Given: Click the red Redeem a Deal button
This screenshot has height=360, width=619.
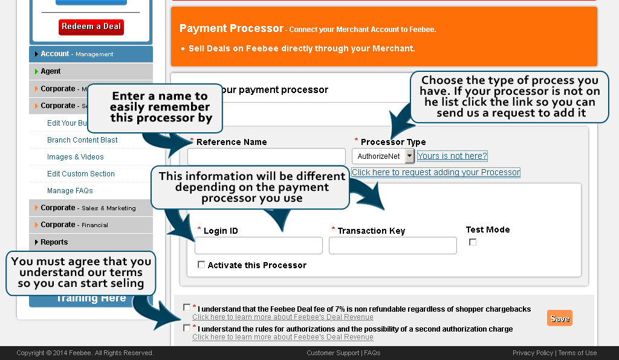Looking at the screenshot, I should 91,27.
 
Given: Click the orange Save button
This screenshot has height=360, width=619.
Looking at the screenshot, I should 559,318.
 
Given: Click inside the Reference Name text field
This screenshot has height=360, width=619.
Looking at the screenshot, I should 266,156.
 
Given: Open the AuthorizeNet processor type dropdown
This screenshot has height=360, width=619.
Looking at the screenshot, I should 409,156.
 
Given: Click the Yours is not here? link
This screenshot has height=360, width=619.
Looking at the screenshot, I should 452,156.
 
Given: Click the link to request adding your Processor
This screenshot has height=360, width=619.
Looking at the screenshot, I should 435,172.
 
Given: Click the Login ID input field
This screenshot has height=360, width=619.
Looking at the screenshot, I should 258,245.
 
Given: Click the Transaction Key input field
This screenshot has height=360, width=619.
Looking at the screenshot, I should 392,245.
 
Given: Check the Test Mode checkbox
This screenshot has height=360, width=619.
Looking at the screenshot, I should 473,242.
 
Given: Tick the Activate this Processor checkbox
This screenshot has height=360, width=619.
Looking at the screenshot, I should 201,265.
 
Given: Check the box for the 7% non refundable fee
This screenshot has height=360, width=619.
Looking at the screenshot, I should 187,307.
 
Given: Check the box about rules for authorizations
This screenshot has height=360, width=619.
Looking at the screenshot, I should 187,328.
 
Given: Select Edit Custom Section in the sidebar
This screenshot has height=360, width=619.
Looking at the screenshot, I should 81,174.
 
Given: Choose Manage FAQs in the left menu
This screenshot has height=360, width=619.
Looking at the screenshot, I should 70,191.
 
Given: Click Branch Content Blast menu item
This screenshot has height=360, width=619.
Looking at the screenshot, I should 82,140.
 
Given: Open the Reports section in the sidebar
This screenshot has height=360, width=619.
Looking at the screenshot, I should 54,242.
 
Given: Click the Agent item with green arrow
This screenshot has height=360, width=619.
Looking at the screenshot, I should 51,71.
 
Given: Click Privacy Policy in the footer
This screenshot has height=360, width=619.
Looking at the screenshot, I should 533,353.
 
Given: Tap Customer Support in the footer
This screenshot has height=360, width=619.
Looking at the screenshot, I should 333,353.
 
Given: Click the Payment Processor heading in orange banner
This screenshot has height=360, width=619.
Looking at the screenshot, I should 232,28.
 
